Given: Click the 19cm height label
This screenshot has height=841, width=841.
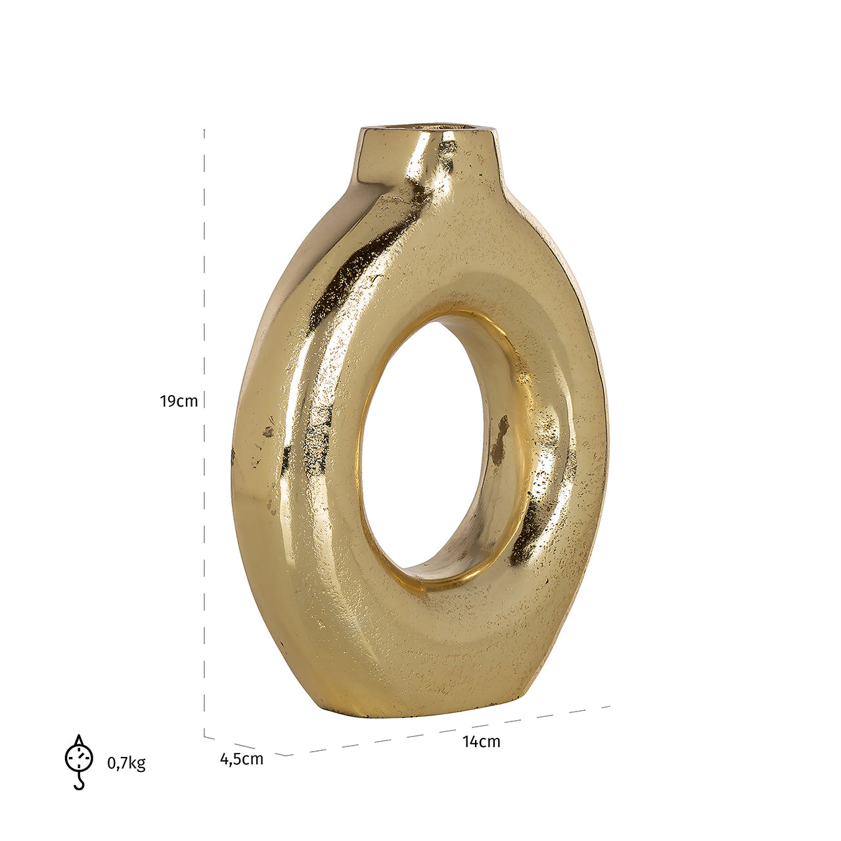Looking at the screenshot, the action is point(179,401).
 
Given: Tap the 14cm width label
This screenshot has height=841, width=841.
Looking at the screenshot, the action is point(482,741).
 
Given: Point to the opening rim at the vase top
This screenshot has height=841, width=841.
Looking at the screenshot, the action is point(428,127).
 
